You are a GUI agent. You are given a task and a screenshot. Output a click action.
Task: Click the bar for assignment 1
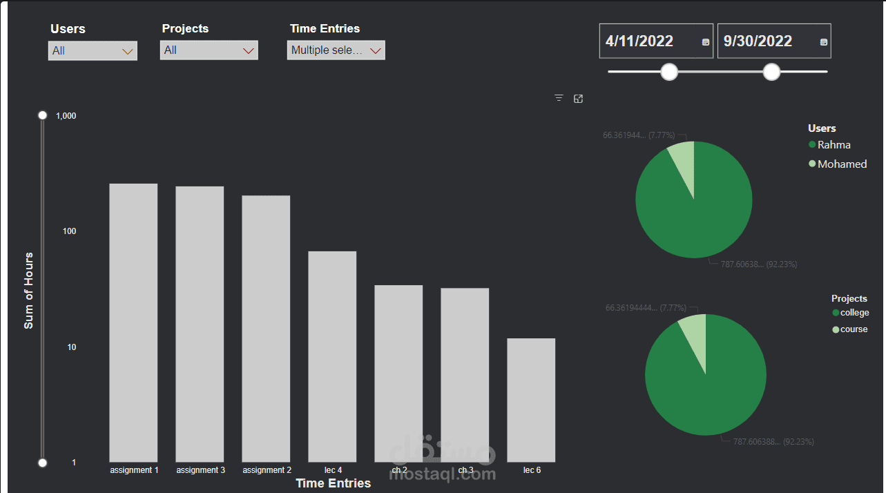coord(133,322)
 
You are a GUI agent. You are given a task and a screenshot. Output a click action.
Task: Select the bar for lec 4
coord(332,356)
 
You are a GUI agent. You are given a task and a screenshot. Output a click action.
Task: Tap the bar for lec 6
coord(531,399)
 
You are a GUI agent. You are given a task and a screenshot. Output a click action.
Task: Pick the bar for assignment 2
coord(266,328)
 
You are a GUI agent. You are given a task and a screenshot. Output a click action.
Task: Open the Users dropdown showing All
coord(93,50)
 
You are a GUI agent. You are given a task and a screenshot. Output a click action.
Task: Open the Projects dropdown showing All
coord(209,50)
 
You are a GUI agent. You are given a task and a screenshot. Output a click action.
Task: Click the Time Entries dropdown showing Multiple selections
coord(336,50)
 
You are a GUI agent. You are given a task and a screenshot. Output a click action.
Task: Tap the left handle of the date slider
coord(669,71)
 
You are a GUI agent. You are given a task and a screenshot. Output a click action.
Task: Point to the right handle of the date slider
coord(771,71)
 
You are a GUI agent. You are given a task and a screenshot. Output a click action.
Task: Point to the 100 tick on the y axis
coord(69,231)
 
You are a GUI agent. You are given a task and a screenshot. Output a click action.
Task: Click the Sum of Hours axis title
coord(28,290)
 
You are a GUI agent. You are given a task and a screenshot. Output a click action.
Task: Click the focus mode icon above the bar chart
coord(579,99)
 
